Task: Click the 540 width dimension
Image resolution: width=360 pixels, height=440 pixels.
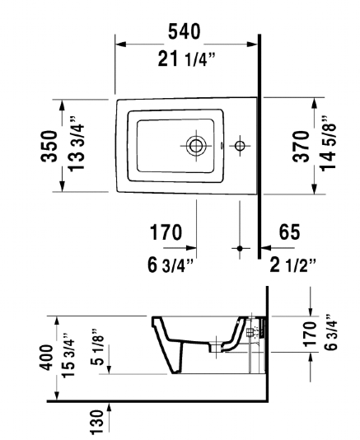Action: pos(185,31)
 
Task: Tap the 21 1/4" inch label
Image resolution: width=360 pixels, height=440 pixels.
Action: pos(186,59)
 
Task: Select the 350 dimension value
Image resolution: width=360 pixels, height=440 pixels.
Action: pos(49,146)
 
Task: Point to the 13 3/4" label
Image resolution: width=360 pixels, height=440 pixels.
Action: pos(76,143)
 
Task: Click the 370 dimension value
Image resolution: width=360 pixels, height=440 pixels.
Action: pos(301,146)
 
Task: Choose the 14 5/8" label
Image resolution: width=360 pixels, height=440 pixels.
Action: pos(328,143)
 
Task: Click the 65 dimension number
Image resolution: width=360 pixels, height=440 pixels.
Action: pos(289,232)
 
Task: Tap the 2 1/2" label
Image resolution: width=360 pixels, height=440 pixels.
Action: pos(292,265)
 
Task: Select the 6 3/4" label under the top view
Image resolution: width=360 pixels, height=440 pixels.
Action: pos(171,265)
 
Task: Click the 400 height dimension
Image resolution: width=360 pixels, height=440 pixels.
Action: pos(47,358)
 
